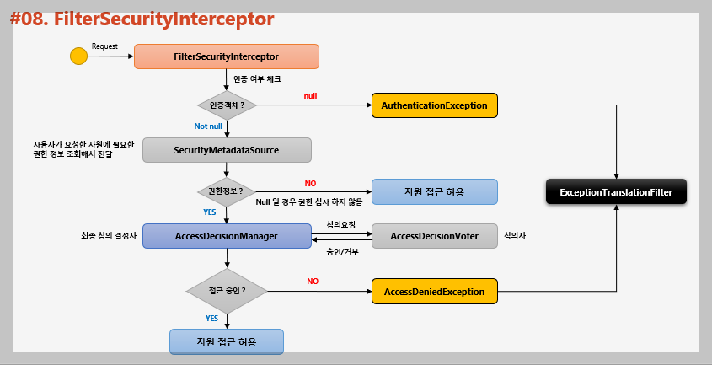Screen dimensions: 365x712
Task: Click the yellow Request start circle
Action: (x=78, y=57)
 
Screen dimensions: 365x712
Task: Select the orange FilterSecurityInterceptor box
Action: (x=226, y=56)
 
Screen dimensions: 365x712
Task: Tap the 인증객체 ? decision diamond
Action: (x=227, y=105)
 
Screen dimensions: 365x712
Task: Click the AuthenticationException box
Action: (x=434, y=105)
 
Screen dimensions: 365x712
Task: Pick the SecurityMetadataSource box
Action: (x=227, y=150)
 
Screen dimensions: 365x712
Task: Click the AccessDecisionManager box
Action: (x=227, y=236)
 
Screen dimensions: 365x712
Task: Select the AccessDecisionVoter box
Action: (x=434, y=236)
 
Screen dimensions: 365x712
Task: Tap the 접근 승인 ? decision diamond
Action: (x=226, y=291)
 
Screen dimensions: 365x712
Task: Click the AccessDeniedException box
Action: (x=434, y=292)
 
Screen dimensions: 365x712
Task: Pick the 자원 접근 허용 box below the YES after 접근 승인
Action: (x=226, y=341)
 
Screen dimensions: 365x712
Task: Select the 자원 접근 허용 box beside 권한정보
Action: (x=434, y=191)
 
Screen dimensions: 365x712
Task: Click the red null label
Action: (x=310, y=96)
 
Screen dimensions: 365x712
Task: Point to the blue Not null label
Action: (x=207, y=126)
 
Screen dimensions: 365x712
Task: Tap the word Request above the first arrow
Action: (x=104, y=46)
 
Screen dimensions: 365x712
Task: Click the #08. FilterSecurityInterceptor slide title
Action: (x=142, y=18)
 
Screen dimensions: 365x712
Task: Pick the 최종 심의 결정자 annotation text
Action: (x=103, y=236)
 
